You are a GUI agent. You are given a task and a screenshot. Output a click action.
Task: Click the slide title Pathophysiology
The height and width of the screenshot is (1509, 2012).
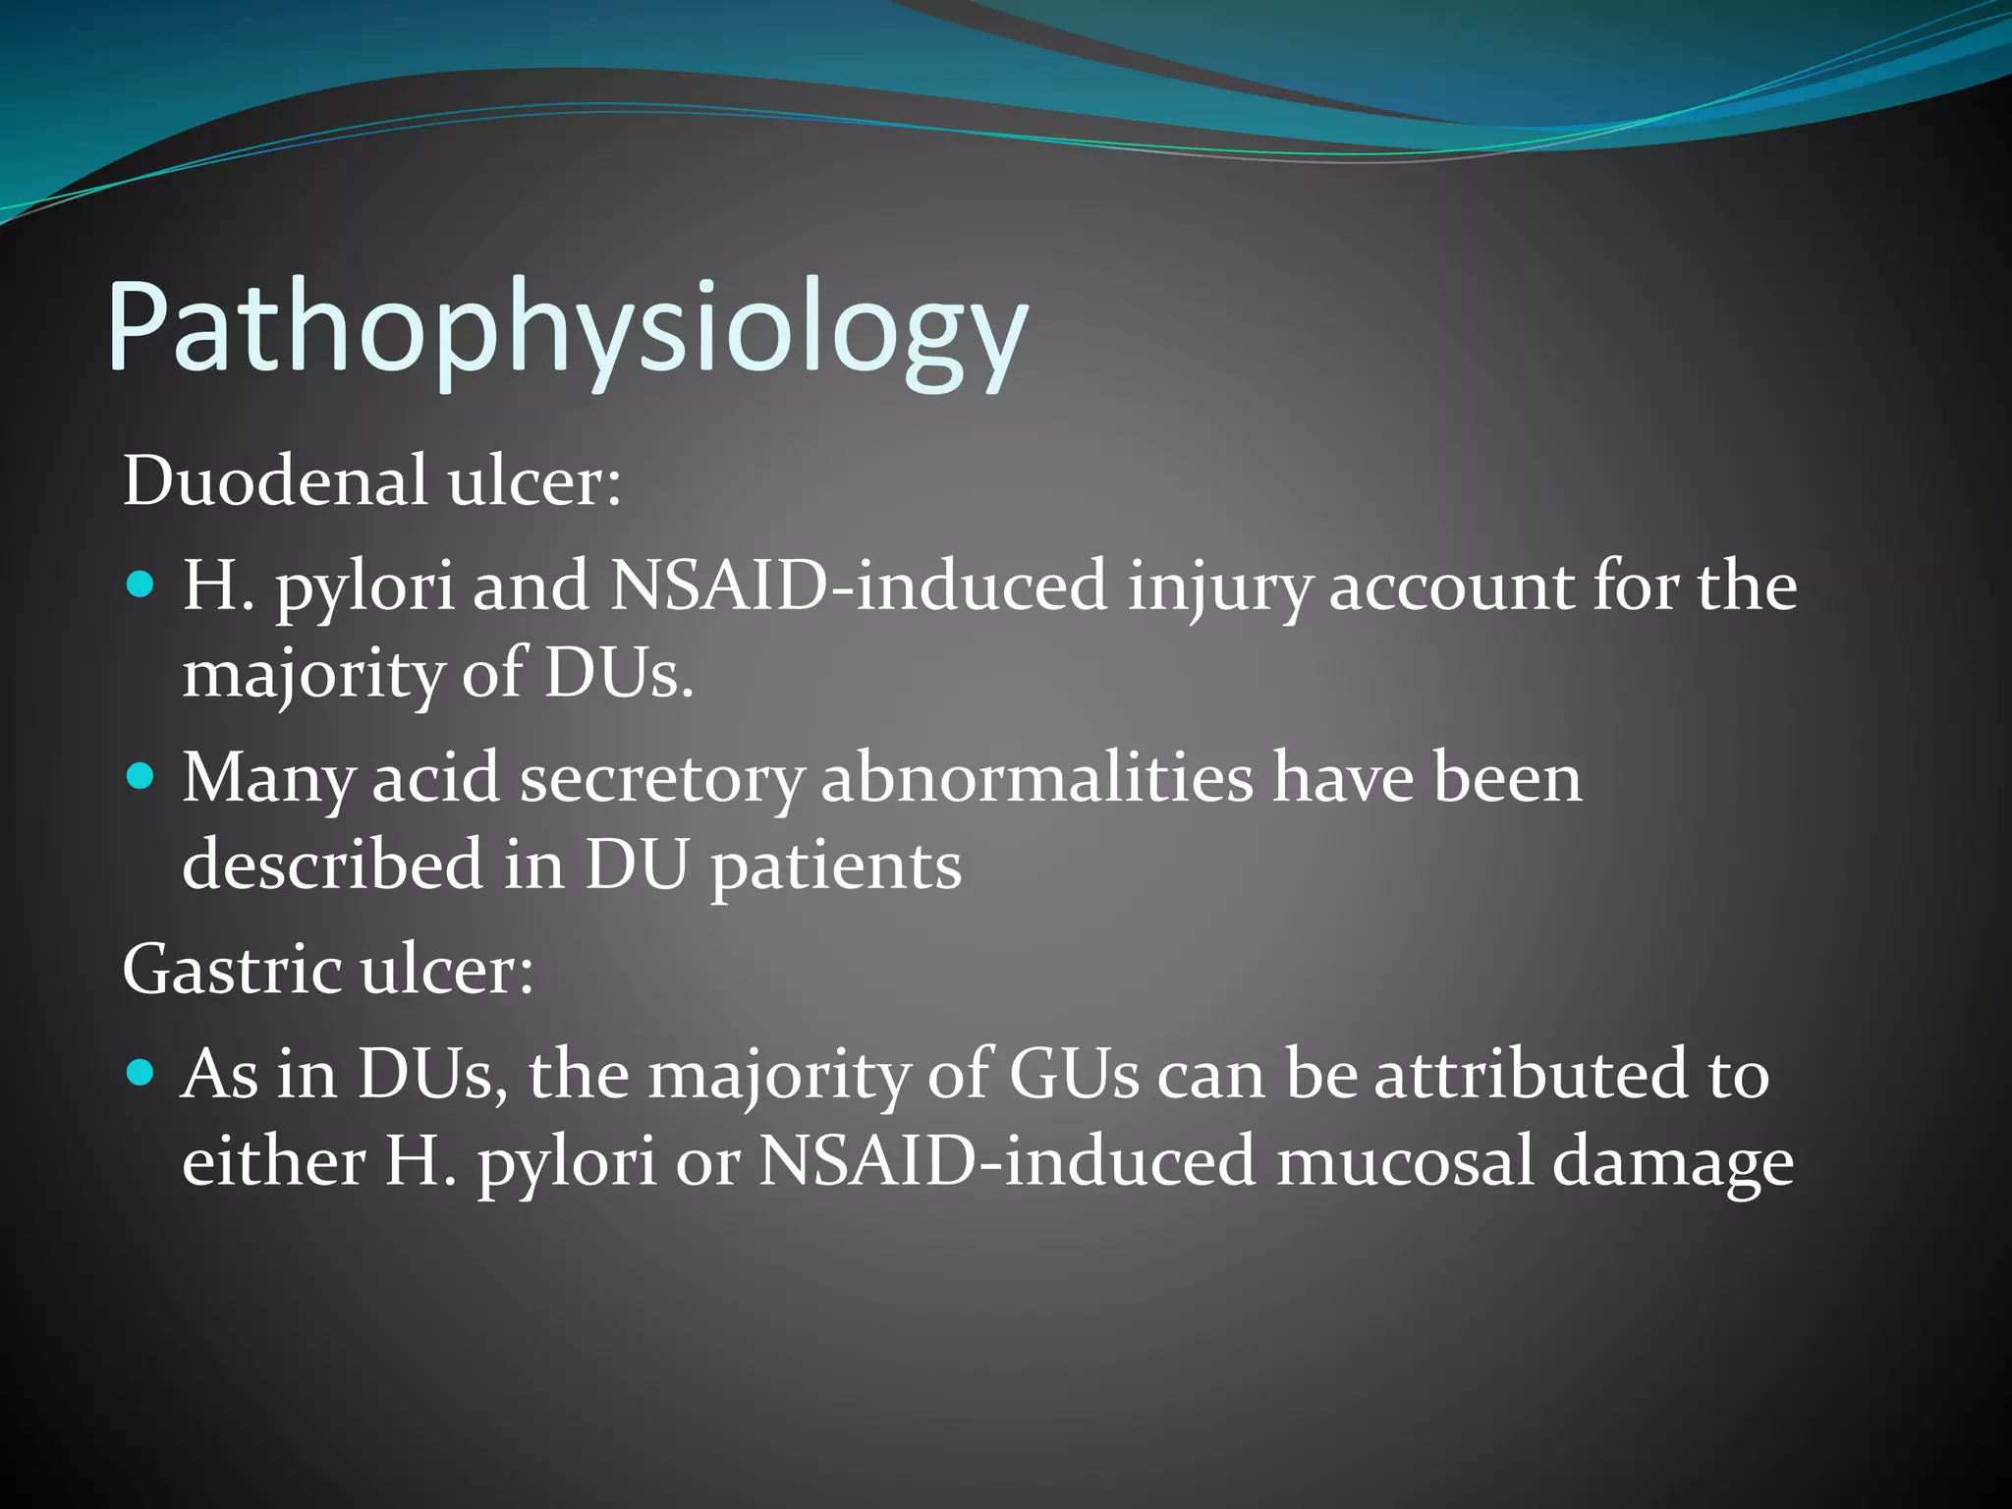tap(567, 329)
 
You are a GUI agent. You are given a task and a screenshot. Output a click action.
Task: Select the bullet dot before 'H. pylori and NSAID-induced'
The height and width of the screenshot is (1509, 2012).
tap(142, 587)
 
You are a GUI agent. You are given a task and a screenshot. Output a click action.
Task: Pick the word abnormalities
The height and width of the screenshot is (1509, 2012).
tap(1036, 779)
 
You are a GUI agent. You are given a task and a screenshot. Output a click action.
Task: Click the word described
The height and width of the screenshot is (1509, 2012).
tap(332, 866)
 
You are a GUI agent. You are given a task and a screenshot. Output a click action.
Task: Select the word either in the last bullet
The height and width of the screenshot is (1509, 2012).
tap(273, 1160)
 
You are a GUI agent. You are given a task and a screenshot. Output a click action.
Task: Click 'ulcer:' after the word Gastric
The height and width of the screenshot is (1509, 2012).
tap(447, 970)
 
